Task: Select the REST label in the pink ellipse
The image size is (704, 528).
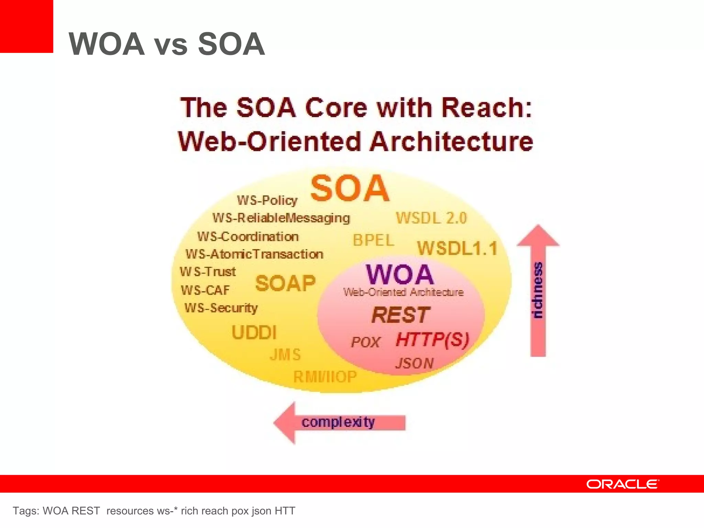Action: click(400, 315)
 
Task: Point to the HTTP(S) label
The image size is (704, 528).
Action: click(432, 340)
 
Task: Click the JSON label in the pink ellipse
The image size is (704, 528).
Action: click(414, 363)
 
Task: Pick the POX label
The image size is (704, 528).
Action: click(365, 342)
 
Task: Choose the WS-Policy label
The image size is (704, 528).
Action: click(267, 200)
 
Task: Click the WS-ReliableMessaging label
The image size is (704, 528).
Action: click(281, 218)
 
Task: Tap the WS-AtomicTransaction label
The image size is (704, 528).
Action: click(254, 254)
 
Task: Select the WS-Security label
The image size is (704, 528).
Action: click(221, 308)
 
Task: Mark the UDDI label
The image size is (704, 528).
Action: click(254, 332)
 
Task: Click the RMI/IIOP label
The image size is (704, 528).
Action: click(325, 377)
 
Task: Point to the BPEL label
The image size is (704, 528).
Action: click(373, 240)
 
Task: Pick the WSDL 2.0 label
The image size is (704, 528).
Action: click(431, 218)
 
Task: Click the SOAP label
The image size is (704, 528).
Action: click(285, 284)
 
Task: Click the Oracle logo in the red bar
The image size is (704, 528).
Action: click(623, 484)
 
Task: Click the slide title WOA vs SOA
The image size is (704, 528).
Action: click(167, 44)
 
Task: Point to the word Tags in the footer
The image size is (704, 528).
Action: click(25, 511)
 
